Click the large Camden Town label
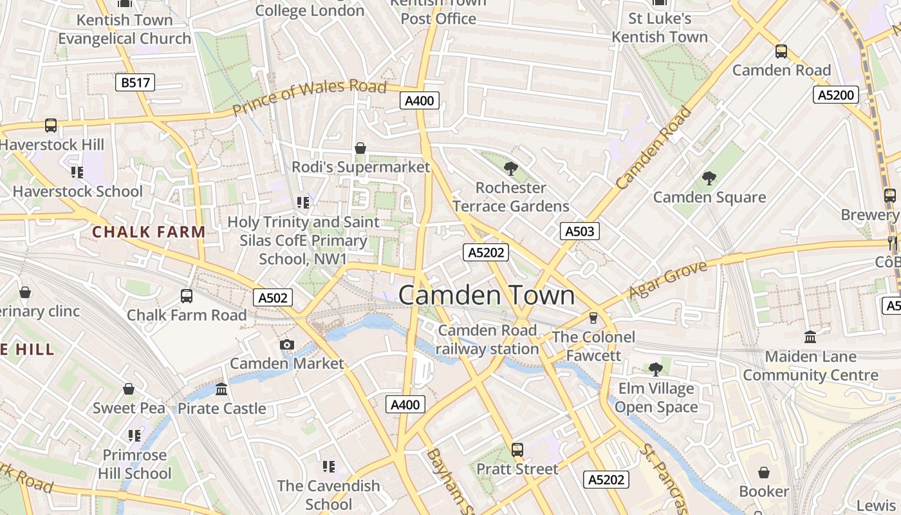487,295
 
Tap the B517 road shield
135,82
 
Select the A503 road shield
579,231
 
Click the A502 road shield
273,297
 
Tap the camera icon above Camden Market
287,345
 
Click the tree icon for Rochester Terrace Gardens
511,169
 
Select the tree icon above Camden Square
709,178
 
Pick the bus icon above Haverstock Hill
51,126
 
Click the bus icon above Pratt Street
517,450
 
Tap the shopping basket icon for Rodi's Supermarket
360,149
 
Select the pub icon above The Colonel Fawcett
593,318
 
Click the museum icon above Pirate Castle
222,389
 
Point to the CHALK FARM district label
149,232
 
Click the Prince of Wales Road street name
310,98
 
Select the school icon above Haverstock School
77,172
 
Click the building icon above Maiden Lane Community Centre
810,337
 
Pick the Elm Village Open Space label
656,398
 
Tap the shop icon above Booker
764,473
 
